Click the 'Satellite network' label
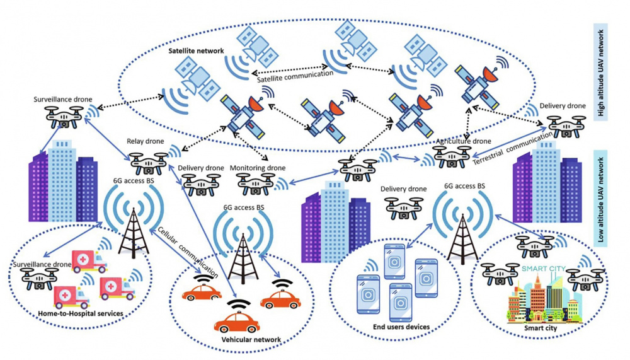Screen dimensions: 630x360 point(196,51)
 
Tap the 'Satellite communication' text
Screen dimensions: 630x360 point(295,76)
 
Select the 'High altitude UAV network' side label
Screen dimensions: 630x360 point(600,73)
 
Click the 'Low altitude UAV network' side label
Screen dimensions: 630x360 point(600,199)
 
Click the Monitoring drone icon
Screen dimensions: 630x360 point(256,184)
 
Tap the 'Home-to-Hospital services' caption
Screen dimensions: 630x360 point(81,313)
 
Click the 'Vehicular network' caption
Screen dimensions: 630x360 point(251,339)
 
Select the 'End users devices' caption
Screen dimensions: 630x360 point(401,327)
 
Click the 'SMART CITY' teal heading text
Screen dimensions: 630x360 point(544,269)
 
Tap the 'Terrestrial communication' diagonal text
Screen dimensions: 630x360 point(512,149)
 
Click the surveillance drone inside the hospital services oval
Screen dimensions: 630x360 point(39,279)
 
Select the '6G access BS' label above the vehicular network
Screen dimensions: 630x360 point(244,207)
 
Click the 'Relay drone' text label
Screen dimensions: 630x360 point(146,141)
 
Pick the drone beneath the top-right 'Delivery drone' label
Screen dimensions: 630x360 point(566,126)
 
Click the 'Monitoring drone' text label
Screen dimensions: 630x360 point(258,168)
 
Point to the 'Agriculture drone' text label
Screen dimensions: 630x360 point(463,141)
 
